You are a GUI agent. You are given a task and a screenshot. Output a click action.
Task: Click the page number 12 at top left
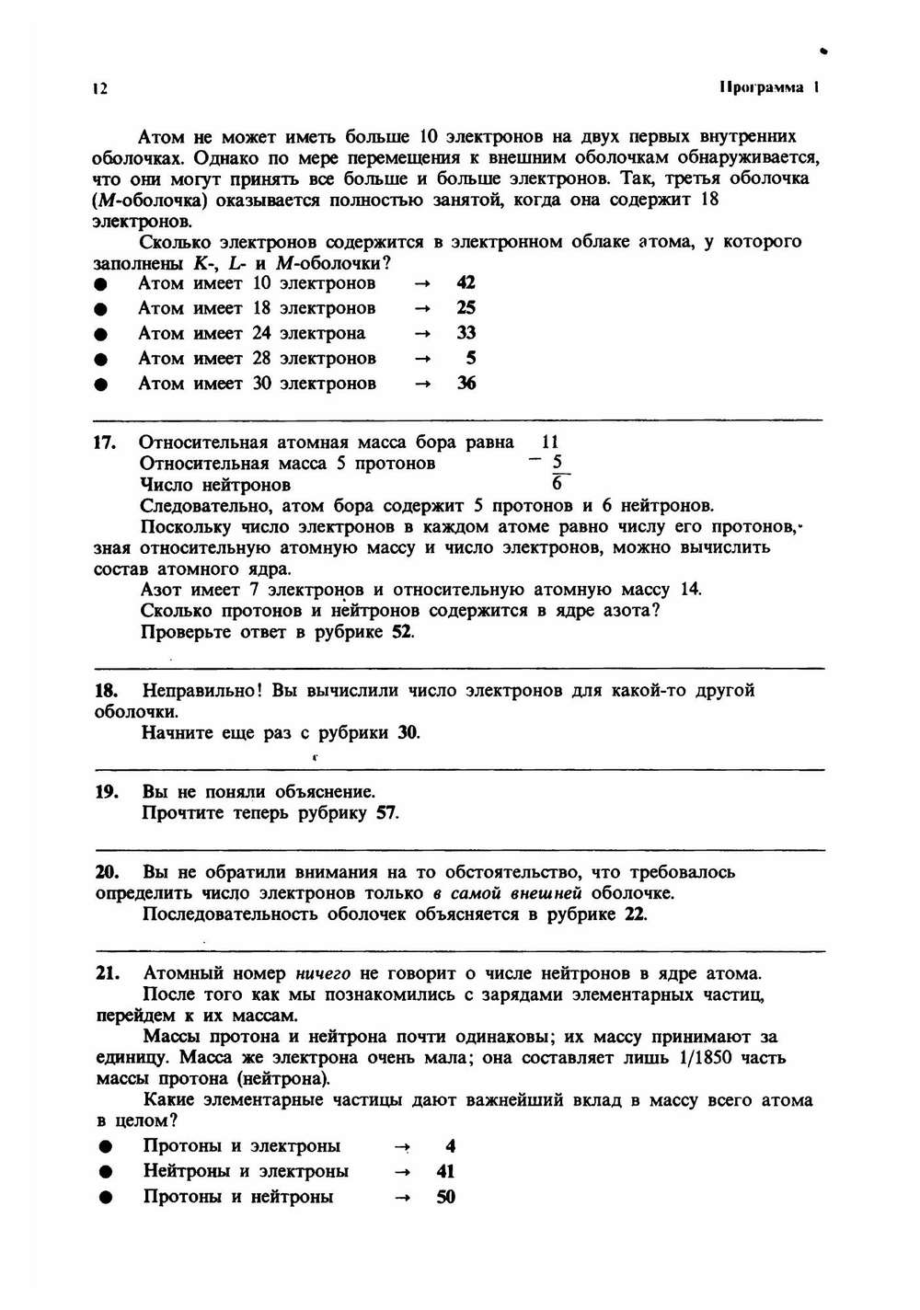click(x=100, y=88)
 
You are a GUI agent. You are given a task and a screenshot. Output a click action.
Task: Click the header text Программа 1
click(x=769, y=87)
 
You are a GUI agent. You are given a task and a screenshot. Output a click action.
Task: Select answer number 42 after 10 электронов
click(x=466, y=282)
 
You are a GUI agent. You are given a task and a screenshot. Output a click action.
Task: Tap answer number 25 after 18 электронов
click(x=466, y=307)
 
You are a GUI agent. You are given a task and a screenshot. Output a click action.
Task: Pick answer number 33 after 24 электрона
click(x=466, y=333)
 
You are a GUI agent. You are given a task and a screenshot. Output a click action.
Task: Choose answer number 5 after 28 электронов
click(x=470, y=358)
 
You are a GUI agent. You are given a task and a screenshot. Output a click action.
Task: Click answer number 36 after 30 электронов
click(x=466, y=384)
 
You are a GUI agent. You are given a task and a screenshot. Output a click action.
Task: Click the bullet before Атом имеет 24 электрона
click(x=101, y=334)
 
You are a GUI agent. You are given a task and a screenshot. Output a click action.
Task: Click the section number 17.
click(x=105, y=442)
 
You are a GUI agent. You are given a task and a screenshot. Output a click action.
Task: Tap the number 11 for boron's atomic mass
click(x=549, y=442)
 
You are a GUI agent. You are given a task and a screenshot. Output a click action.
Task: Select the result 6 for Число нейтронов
click(x=557, y=485)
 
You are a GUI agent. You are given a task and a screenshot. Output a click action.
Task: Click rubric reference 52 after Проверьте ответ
click(x=402, y=632)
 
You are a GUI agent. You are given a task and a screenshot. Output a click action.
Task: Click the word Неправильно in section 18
click(x=202, y=690)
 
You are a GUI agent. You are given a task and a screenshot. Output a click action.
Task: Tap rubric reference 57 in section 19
click(x=386, y=813)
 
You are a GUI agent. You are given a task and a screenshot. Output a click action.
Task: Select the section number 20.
click(x=107, y=872)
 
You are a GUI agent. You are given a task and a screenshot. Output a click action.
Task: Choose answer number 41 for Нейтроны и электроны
click(x=445, y=1172)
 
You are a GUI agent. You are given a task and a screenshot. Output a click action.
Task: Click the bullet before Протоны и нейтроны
click(x=107, y=1198)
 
